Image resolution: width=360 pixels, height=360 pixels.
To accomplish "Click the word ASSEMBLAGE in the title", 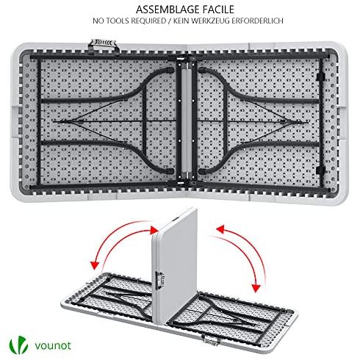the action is (x=165, y=10).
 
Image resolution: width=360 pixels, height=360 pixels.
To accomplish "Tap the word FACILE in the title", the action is (x=217, y=10).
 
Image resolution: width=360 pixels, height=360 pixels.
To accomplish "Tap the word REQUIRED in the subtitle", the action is (x=148, y=21).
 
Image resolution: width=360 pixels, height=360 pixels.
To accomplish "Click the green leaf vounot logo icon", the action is (x=18, y=345).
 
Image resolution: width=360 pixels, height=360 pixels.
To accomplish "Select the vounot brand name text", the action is (x=53, y=345).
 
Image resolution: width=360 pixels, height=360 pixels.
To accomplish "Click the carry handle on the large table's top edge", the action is (x=103, y=46).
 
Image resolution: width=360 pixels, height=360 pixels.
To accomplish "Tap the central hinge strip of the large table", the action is (x=187, y=120).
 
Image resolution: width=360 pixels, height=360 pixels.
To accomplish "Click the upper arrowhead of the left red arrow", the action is (x=154, y=230).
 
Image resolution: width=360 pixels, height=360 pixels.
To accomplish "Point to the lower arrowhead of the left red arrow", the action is (x=95, y=265).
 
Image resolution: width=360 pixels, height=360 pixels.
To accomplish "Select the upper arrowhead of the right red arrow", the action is (x=220, y=230).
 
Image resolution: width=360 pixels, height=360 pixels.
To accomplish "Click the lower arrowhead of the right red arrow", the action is (x=256, y=288).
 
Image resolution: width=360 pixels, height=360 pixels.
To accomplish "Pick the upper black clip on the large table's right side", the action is (x=320, y=76).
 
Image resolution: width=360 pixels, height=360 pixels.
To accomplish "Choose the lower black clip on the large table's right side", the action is (x=320, y=170).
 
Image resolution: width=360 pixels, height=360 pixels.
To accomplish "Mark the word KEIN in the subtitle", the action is (x=181, y=21).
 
